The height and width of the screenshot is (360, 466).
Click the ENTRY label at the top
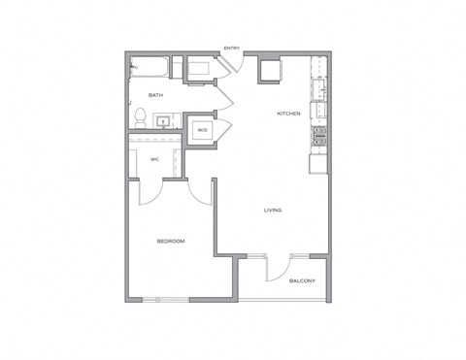click(232, 49)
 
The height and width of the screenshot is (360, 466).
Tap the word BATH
click(155, 95)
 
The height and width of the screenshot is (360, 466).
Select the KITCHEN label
click(288, 114)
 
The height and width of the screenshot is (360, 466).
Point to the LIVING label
click(273, 210)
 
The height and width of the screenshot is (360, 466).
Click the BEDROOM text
click(171, 241)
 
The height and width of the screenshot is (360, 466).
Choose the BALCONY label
click(302, 280)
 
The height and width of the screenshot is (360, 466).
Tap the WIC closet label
click(154, 159)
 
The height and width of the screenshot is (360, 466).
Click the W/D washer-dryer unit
click(203, 129)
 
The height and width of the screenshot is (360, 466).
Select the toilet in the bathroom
click(140, 117)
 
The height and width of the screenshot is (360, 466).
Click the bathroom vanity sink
click(164, 121)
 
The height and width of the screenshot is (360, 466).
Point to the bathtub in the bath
click(151, 69)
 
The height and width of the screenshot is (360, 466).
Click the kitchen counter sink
click(317, 91)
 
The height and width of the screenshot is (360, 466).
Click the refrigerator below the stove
click(318, 162)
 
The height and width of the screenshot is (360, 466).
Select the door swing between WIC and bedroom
click(153, 192)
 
